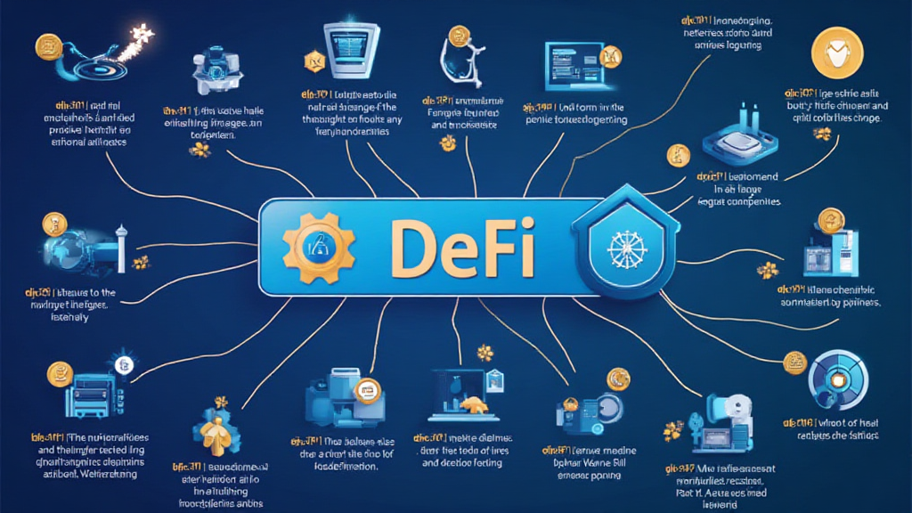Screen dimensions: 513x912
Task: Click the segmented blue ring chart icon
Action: pyautogui.click(x=835, y=379)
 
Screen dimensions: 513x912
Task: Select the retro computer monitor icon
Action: pyautogui.click(x=347, y=44)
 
